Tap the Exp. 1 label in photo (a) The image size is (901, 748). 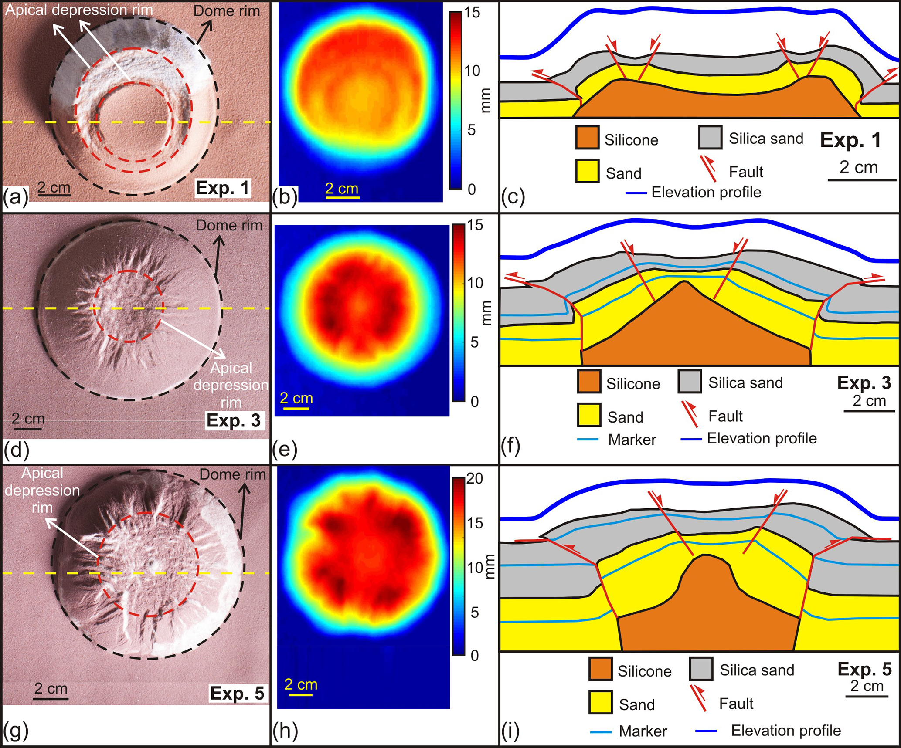pos(223,188)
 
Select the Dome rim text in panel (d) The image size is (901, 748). pos(229,225)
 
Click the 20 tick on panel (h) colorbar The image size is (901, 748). pos(475,479)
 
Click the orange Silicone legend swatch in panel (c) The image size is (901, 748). pos(587,138)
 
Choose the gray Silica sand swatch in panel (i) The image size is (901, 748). pos(701,669)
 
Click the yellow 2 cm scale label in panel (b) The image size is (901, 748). pos(342,189)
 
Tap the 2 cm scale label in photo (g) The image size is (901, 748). pos(51,688)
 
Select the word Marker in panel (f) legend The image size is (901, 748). pos(632,440)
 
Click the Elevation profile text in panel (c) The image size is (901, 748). pos(706,192)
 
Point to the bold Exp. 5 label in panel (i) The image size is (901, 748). pos(864,669)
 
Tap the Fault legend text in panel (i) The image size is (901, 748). pos(736,704)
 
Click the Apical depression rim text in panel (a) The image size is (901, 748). pos(79,10)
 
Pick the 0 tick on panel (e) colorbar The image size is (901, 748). pos(475,401)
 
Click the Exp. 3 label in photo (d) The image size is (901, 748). pos(234,420)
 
